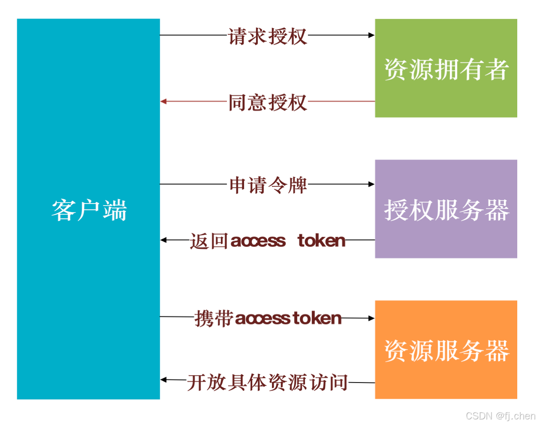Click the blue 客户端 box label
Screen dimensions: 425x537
89,210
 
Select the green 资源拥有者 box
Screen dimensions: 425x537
446,69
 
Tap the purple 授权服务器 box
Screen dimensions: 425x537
446,209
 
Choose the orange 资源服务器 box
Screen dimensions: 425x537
446,350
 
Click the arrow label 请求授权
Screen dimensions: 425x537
268,36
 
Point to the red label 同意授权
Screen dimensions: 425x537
268,103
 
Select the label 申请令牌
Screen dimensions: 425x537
268,185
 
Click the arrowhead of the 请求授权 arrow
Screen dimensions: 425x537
372,35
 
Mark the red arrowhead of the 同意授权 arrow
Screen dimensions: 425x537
163,102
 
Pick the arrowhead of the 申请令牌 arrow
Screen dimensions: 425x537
372,184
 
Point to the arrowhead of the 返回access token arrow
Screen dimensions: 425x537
163,240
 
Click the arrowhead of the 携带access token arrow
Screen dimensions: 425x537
372,319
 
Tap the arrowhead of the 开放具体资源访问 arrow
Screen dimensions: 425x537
163,380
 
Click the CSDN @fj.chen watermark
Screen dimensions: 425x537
500,416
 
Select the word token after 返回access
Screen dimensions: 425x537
322,241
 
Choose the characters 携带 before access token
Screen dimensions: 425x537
214,319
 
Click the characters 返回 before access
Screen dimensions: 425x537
209,241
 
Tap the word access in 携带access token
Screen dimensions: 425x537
262,319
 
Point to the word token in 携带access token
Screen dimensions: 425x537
317,319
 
